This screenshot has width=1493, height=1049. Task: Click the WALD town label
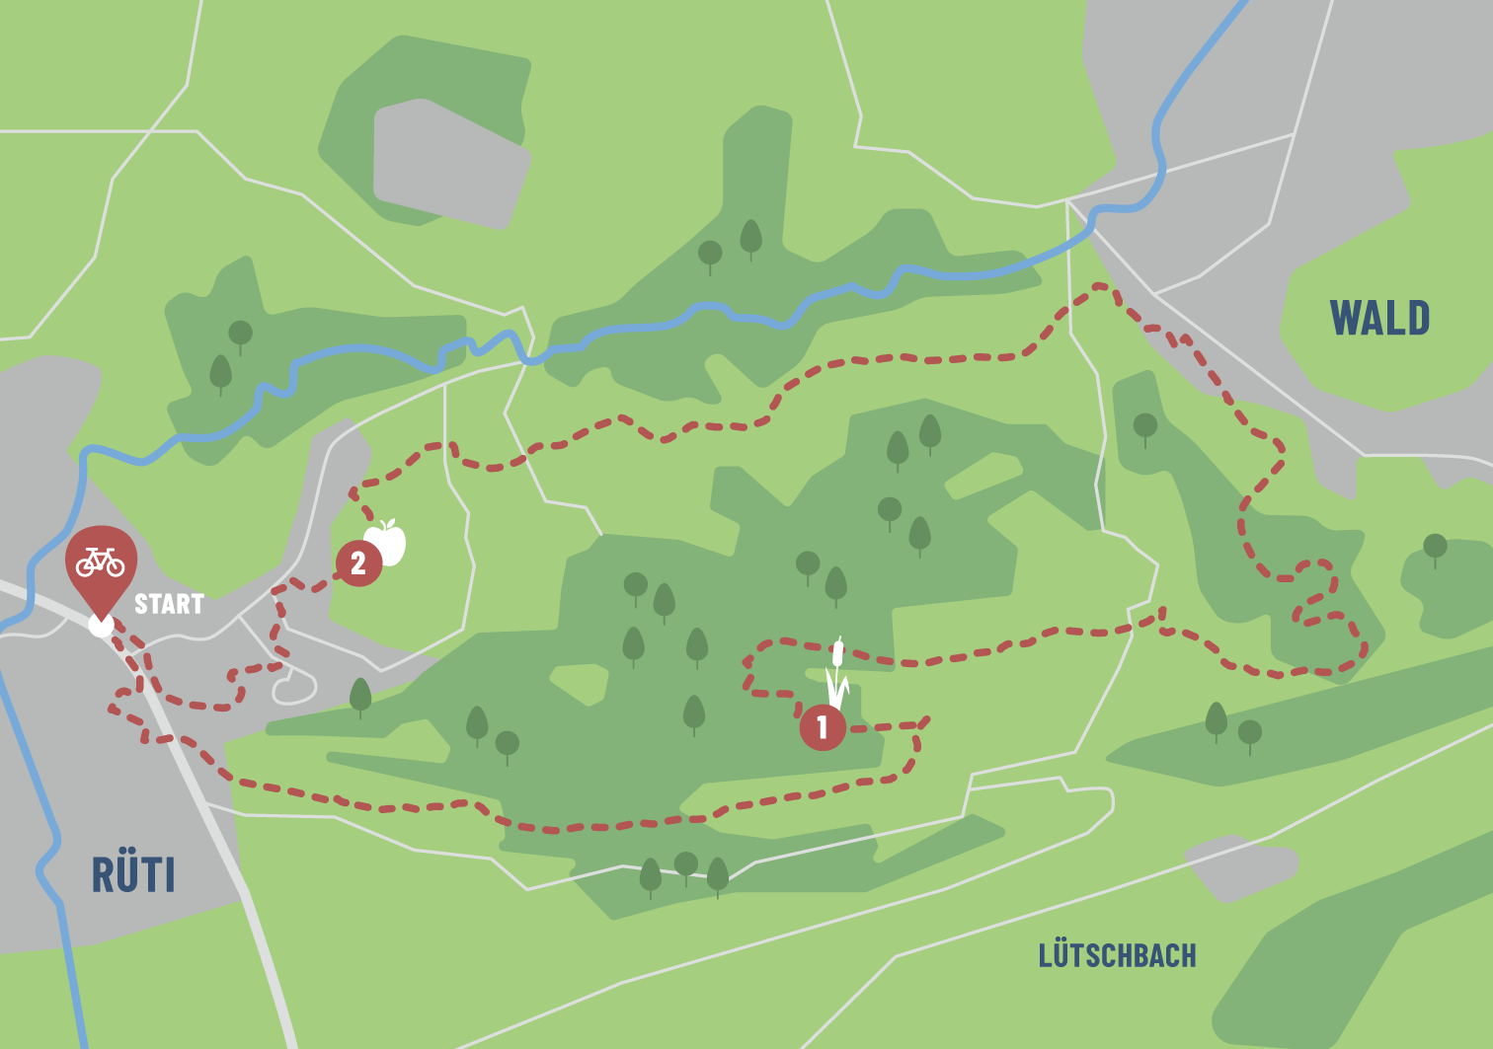(1379, 319)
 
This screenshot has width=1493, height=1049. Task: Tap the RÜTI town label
(133, 875)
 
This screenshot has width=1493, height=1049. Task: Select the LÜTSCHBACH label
(1117, 955)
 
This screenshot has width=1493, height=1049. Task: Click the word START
(169, 604)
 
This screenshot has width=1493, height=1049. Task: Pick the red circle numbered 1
(822, 728)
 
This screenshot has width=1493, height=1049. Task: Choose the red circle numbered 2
(358, 563)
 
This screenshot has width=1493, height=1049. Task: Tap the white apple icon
(387, 542)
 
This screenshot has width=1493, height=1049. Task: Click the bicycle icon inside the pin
(101, 562)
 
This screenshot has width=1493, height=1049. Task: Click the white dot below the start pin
(101, 626)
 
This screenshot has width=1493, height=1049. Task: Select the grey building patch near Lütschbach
(1240, 867)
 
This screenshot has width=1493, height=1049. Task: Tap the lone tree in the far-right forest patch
(1435, 549)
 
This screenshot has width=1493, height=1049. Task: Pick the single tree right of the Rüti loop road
(360, 696)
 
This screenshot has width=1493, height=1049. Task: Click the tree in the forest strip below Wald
(1145, 428)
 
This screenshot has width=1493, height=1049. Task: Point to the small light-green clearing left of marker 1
(581, 684)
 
